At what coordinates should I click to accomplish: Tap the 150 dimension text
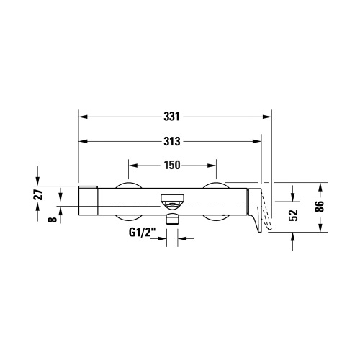click(x=171, y=165)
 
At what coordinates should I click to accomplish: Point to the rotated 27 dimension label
click(x=39, y=194)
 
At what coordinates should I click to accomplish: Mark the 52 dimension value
click(x=292, y=214)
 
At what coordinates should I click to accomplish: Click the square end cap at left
click(x=86, y=199)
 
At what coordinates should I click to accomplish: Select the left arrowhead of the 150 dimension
click(x=132, y=165)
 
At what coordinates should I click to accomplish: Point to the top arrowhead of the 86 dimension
click(x=321, y=186)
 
